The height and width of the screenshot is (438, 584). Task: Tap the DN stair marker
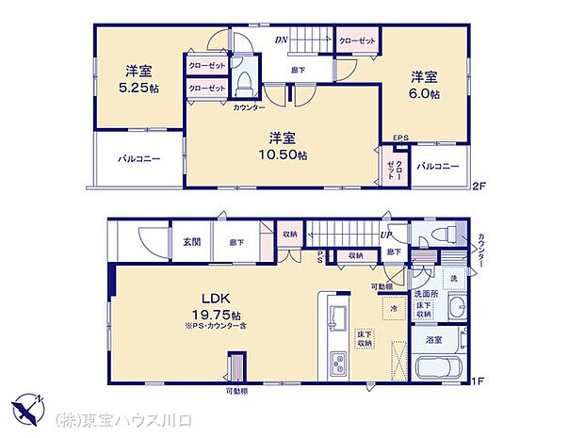coord(281,40)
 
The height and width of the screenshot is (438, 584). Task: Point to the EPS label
coord(400,138)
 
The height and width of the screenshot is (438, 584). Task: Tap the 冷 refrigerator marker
coord(390,307)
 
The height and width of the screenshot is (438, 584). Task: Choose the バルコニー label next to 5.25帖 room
coord(138,159)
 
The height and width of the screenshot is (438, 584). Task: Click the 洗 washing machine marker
coord(451,279)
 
